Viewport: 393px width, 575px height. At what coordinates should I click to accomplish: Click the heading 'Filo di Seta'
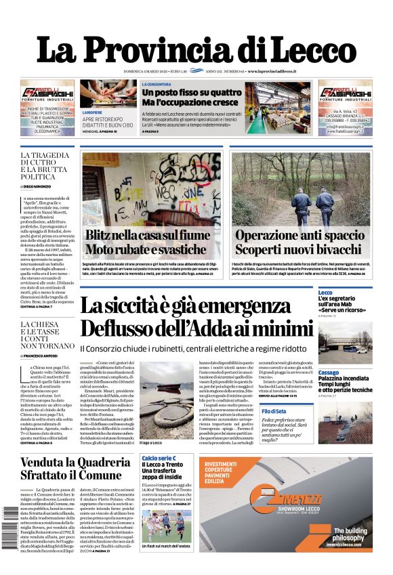click(x=330, y=411)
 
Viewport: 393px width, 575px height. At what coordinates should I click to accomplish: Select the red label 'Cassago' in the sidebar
click(x=329, y=372)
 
